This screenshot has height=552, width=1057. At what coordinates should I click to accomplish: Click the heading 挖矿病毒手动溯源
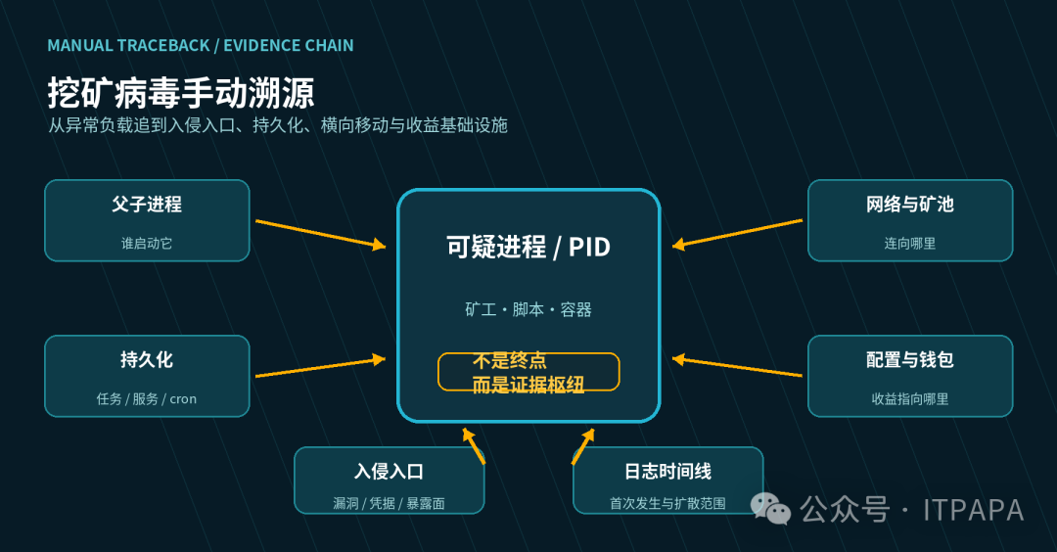[x=181, y=92]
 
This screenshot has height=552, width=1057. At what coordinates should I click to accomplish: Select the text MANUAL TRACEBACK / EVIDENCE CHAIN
[x=201, y=46]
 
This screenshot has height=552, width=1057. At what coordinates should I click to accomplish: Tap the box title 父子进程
[x=147, y=205]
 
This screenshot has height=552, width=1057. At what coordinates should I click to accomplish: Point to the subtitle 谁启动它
[x=147, y=244]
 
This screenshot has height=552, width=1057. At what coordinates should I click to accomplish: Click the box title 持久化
[x=147, y=360]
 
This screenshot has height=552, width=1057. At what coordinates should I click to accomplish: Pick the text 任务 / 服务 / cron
[x=147, y=399]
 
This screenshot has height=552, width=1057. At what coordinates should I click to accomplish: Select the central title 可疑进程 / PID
[x=528, y=248]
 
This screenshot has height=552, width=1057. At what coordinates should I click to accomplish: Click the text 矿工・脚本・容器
[x=528, y=309]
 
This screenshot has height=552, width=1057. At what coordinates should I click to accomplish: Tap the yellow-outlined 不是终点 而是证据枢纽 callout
[x=528, y=372]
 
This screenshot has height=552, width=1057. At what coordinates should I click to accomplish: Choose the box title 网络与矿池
[x=910, y=205]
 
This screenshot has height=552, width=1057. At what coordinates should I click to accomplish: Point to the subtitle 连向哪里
[x=910, y=244]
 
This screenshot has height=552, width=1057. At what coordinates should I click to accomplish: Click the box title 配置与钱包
[x=910, y=360]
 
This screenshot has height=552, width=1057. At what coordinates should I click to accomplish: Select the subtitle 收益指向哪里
[x=910, y=399]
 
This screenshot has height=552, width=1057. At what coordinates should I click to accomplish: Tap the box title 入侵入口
[x=389, y=471]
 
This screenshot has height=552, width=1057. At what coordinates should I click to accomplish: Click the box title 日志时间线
[x=668, y=471]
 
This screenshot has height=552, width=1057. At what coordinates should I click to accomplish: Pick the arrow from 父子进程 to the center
[x=321, y=234]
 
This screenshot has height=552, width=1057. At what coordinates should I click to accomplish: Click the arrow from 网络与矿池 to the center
[x=738, y=234]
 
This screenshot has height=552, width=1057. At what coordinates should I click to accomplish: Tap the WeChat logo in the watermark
[x=771, y=508]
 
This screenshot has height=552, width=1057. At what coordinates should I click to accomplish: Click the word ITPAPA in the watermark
[x=974, y=510]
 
